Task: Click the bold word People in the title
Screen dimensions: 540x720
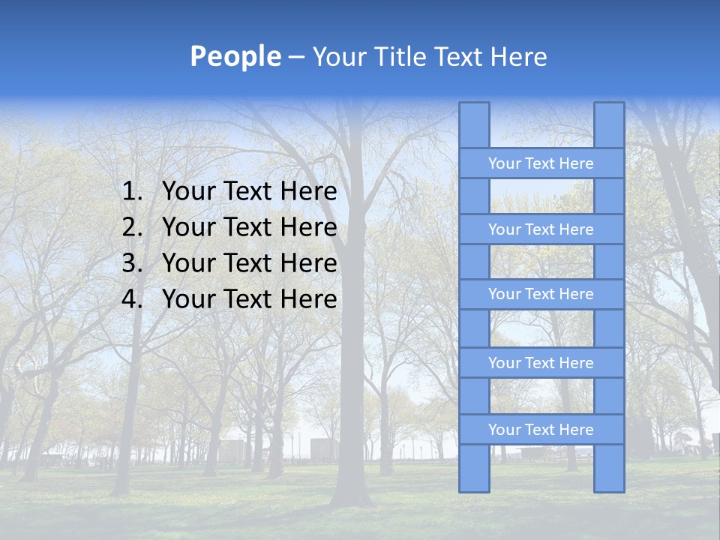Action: point(235,57)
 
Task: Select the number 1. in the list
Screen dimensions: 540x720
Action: point(132,192)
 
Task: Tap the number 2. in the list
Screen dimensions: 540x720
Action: point(132,227)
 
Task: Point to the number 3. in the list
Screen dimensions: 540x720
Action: point(132,263)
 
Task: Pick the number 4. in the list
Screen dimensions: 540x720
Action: point(132,299)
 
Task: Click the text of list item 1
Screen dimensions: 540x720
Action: point(249,192)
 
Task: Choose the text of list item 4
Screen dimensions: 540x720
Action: point(249,299)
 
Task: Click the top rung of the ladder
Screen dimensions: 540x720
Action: point(541,163)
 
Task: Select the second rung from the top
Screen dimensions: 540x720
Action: point(541,229)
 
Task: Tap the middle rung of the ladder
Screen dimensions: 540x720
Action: point(541,294)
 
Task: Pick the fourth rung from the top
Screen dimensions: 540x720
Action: point(541,363)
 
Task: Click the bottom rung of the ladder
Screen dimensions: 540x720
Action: point(541,430)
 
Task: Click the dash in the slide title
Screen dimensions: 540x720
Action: point(296,58)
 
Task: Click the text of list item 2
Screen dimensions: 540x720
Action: point(249,227)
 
